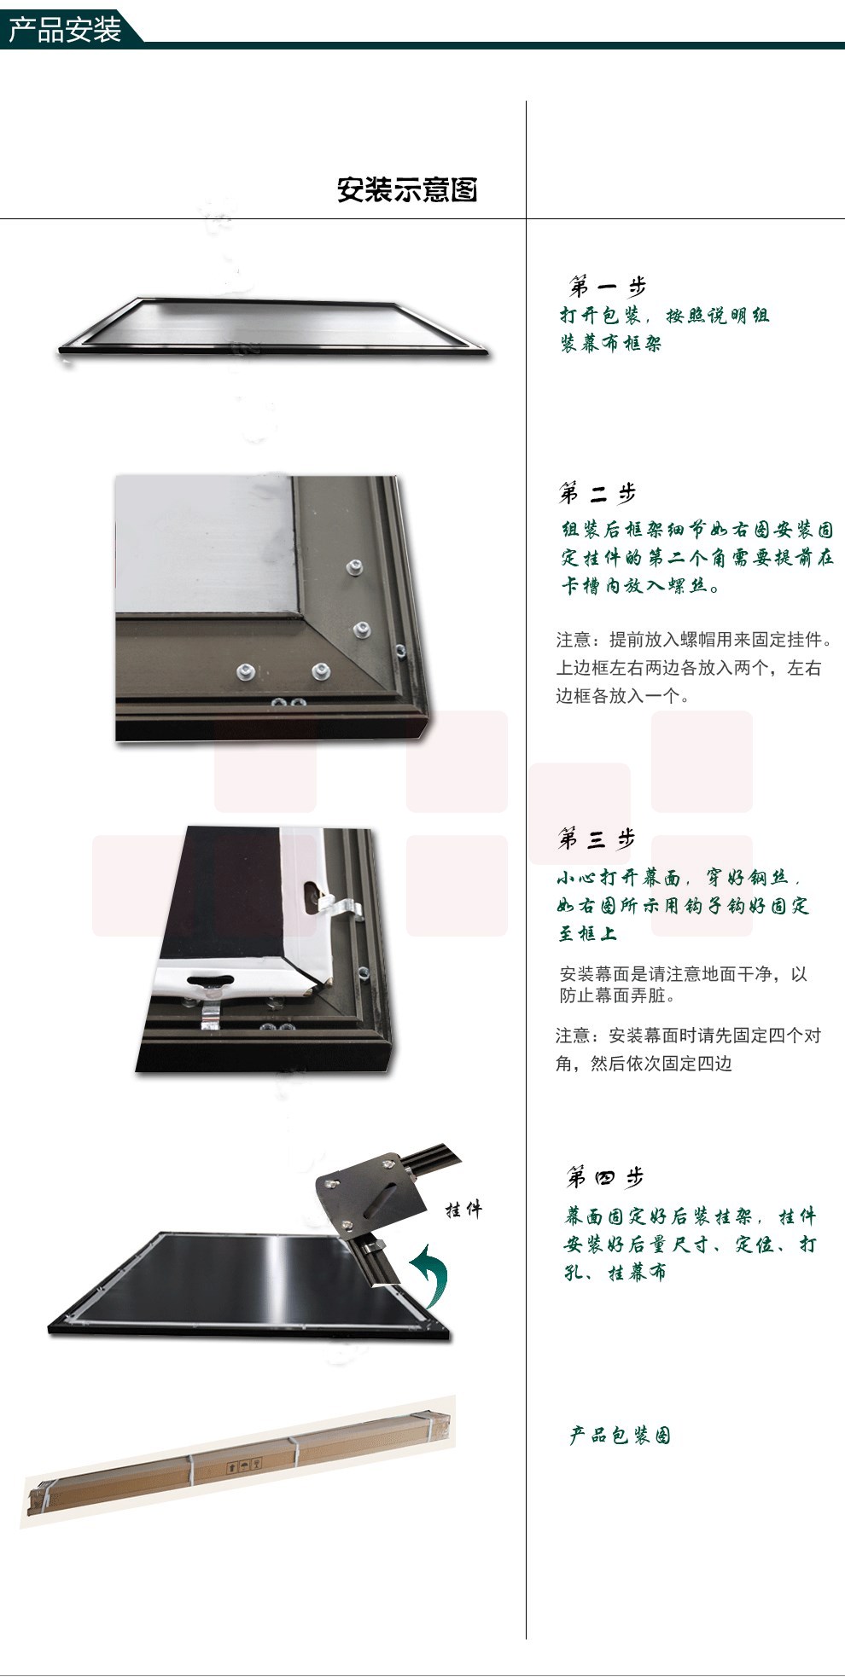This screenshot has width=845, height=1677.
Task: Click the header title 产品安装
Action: (65, 31)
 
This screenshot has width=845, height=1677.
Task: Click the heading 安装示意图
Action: (407, 189)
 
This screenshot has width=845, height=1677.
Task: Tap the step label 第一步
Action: (608, 286)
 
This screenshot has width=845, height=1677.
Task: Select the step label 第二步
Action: (597, 493)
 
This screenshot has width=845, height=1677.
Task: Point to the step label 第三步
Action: (597, 839)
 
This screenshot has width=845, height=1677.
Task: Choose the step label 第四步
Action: (605, 1178)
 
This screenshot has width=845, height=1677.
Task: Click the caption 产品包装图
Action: (620, 1436)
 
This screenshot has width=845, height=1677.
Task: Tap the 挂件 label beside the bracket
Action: (463, 1209)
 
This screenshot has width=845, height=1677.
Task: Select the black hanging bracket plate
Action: (369, 1194)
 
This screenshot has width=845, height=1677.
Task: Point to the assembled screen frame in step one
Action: (273, 325)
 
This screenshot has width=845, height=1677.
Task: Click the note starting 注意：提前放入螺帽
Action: (694, 668)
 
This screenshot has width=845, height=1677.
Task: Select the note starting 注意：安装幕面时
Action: (688, 1049)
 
